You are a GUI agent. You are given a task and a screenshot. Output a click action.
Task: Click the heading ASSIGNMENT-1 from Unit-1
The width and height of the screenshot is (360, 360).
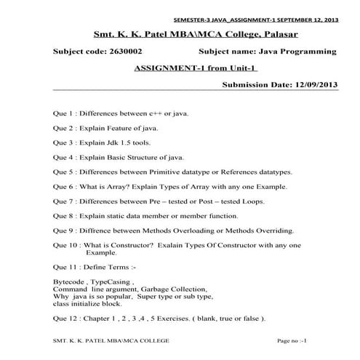coord(197,68)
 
